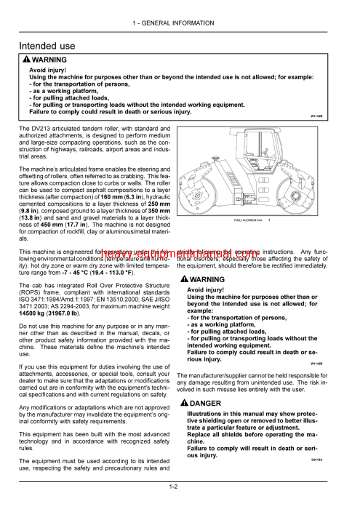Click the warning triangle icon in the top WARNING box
click(26, 60)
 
